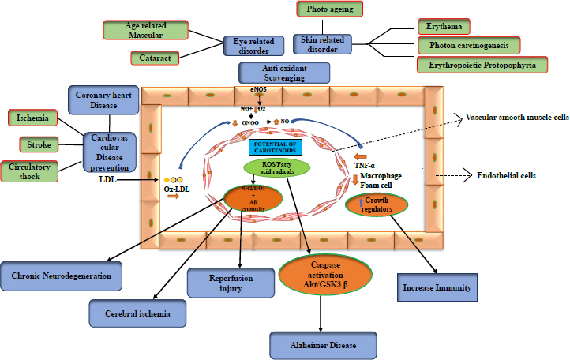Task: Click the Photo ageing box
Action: pos(329,9)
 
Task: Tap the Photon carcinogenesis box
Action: pos(468,45)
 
